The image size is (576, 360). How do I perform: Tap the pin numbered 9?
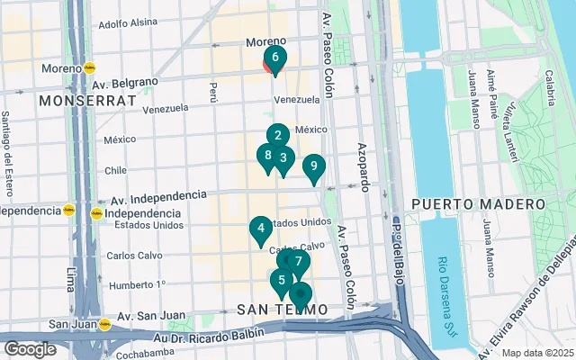[x=313, y=166]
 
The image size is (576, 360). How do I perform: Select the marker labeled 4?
[x=260, y=229]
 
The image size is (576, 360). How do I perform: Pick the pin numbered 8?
[x=267, y=155]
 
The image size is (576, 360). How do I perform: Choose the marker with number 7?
[x=299, y=262]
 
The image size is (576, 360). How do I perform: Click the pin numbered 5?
[x=282, y=280]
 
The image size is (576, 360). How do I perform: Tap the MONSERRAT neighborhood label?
[x=82, y=101]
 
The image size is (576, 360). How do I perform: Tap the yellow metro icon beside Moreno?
[x=89, y=67]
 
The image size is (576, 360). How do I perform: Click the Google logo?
[x=30, y=349]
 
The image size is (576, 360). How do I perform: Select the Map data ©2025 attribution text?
[x=536, y=354]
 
